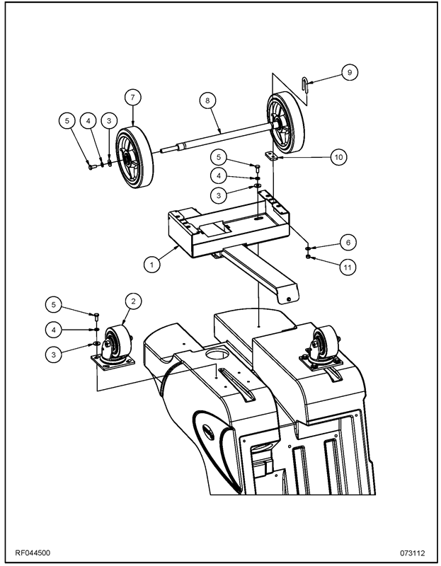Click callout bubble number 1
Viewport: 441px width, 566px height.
point(150,264)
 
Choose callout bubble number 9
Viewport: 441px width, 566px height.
point(348,71)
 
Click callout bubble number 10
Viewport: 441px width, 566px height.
point(338,157)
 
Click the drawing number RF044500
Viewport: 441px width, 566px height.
point(32,553)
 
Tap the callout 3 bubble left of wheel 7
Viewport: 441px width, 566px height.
point(108,121)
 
